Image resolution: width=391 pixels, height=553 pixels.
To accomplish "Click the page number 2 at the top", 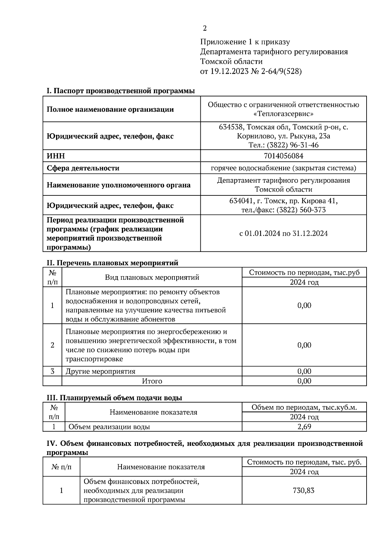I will [x=205, y=29].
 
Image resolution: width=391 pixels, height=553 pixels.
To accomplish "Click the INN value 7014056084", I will [x=283, y=156].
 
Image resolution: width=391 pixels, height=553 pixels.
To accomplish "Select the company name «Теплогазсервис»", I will [x=283, y=114].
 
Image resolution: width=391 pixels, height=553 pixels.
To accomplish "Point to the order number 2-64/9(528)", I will [x=281, y=71].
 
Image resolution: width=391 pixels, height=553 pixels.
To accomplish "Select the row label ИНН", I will [x=56, y=156].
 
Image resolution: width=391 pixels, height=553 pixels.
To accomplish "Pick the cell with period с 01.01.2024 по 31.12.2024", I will [x=283, y=234].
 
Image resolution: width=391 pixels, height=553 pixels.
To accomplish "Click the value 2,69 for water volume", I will [x=304, y=427].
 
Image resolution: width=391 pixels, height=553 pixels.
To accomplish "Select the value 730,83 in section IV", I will [x=304, y=490].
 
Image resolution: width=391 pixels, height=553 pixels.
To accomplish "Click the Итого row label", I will [x=152, y=381].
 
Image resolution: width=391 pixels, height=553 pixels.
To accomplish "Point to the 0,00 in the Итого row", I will [x=304, y=381].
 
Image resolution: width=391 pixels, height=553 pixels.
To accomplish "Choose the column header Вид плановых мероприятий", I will [x=152, y=277].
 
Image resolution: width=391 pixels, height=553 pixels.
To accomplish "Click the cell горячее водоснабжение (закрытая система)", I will [x=283, y=168].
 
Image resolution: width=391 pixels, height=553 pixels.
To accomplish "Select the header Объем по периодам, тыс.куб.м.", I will [x=304, y=407].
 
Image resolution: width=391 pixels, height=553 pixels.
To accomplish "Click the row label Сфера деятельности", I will [x=83, y=168].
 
